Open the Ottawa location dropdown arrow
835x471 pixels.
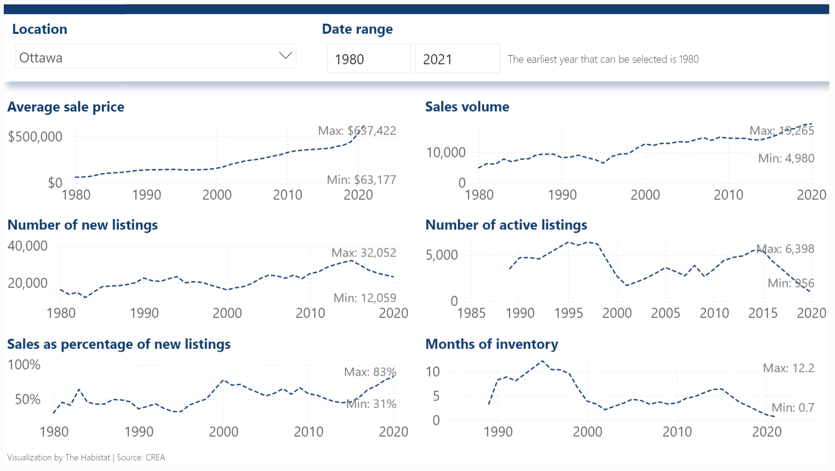tap(285, 56)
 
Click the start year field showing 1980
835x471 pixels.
tap(368, 59)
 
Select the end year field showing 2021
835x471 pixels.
tap(457, 59)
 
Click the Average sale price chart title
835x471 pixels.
tap(66, 107)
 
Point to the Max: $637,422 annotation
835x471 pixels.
tap(357, 131)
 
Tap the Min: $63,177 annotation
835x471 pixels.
tap(361, 180)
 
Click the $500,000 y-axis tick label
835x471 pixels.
tap(35, 137)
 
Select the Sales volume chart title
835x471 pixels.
tap(467, 107)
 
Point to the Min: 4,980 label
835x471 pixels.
tap(786, 158)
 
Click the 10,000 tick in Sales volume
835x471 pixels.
tap(446, 153)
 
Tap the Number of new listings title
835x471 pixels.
tap(82, 225)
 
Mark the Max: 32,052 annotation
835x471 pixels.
tap(364, 253)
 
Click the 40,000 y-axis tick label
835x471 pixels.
tap(28, 246)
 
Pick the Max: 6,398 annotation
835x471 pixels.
tap(785, 249)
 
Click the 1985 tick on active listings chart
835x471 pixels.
tap(471, 313)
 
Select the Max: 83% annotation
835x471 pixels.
tap(370, 372)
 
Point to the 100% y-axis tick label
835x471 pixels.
tap(24, 365)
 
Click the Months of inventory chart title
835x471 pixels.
tap(491, 344)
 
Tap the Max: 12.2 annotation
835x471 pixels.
tap(788, 368)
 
